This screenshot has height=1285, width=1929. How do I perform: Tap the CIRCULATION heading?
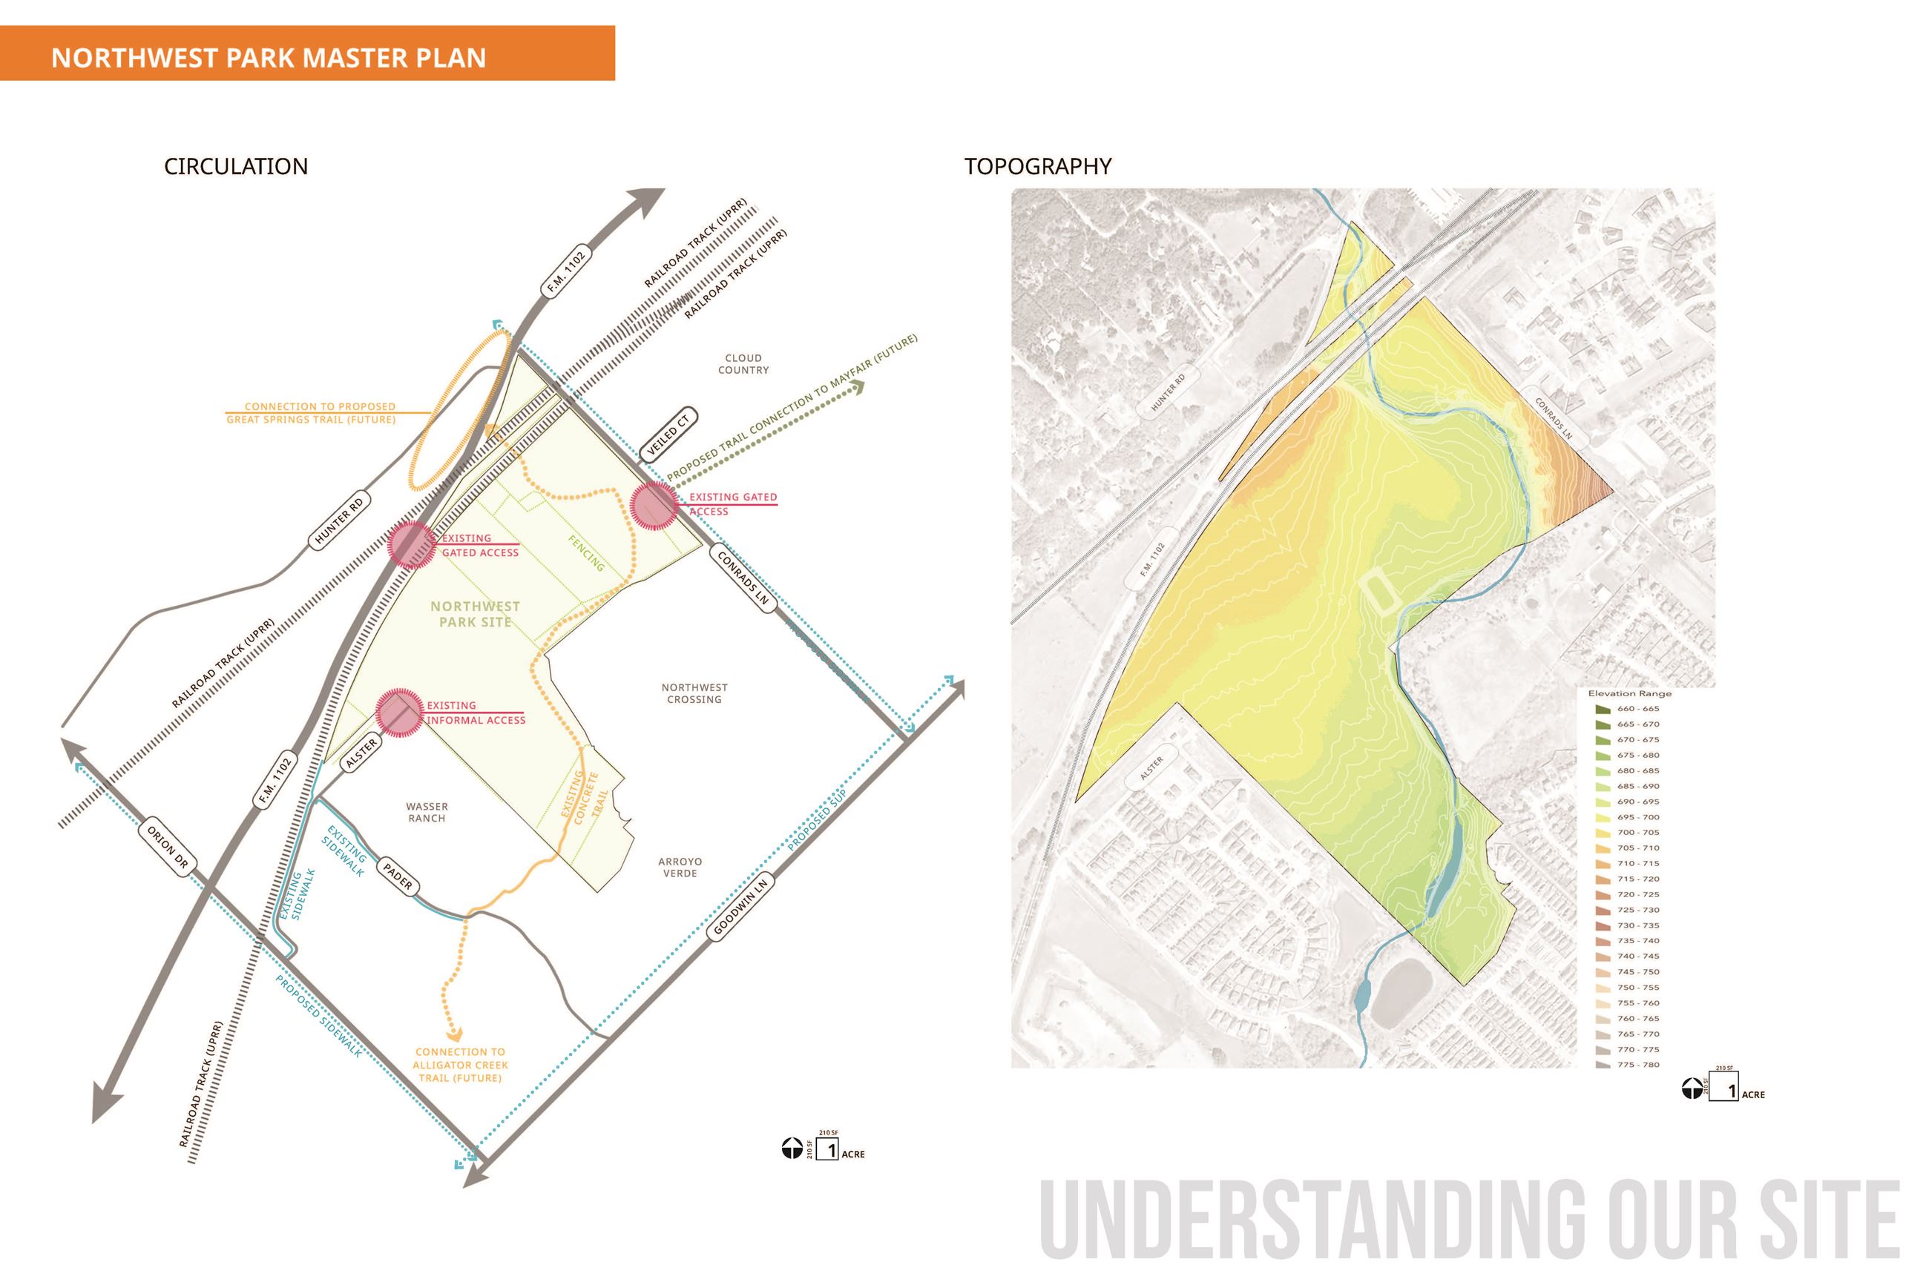click(x=236, y=166)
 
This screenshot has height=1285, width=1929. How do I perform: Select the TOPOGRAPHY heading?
click(x=1037, y=166)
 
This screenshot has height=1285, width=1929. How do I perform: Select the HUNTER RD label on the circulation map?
click(x=338, y=521)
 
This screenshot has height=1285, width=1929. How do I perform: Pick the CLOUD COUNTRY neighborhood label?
click(x=743, y=364)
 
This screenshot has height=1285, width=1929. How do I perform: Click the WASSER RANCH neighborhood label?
click(x=427, y=812)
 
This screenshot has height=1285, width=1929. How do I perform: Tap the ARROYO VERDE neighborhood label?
click(x=680, y=867)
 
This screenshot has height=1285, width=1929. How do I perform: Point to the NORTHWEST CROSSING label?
click(x=694, y=693)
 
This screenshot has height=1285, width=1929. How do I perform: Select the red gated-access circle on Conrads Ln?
click(x=654, y=504)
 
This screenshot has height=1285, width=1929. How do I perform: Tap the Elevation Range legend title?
click(x=1629, y=693)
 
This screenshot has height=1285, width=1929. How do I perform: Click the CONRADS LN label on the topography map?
click(x=1553, y=420)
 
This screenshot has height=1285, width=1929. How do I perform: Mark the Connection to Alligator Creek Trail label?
click(x=460, y=1065)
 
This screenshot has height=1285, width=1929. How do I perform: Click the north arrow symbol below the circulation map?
click(x=791, y=1149)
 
